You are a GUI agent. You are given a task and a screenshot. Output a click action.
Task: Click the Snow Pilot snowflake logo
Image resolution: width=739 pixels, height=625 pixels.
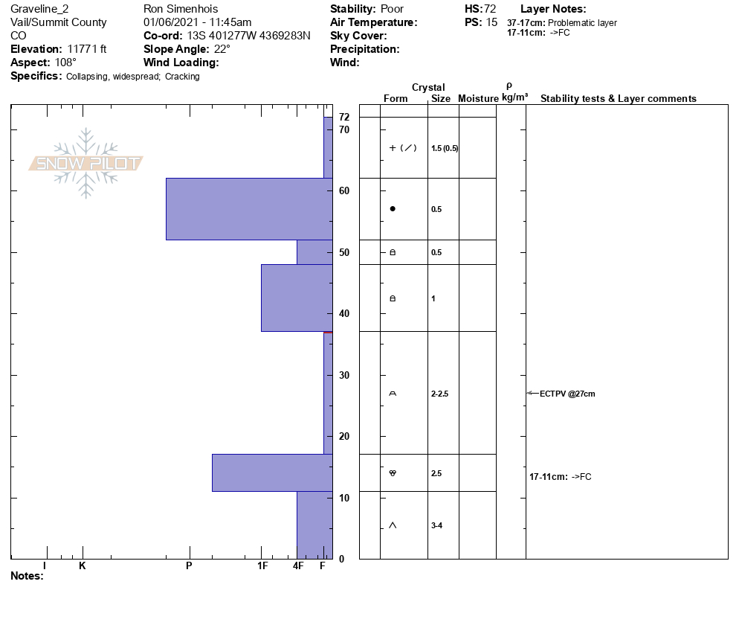coord(85,163)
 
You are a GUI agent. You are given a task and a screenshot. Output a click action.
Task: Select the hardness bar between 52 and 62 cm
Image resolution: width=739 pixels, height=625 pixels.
coord(249,209)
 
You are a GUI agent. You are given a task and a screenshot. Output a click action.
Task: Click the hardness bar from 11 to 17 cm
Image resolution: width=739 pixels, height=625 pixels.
coord(272,472)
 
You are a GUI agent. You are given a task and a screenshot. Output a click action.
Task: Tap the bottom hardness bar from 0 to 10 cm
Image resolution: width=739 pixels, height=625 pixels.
coord(314,525)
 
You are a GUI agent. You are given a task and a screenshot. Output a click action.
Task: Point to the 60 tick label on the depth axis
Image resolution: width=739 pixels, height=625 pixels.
coord(344,190)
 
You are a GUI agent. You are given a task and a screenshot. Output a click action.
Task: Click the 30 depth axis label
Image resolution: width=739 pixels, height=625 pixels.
coord(344,375)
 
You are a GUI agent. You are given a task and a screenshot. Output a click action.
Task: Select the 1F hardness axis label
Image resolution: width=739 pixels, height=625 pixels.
coord(262,565)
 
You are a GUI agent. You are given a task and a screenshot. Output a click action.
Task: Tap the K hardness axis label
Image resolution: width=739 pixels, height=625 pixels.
coord(83,565)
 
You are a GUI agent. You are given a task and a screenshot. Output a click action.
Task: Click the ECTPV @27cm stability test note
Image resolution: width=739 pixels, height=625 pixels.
coord(567,394)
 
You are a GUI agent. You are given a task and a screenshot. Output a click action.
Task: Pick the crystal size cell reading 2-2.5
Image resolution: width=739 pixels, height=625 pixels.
coord(439,394)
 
